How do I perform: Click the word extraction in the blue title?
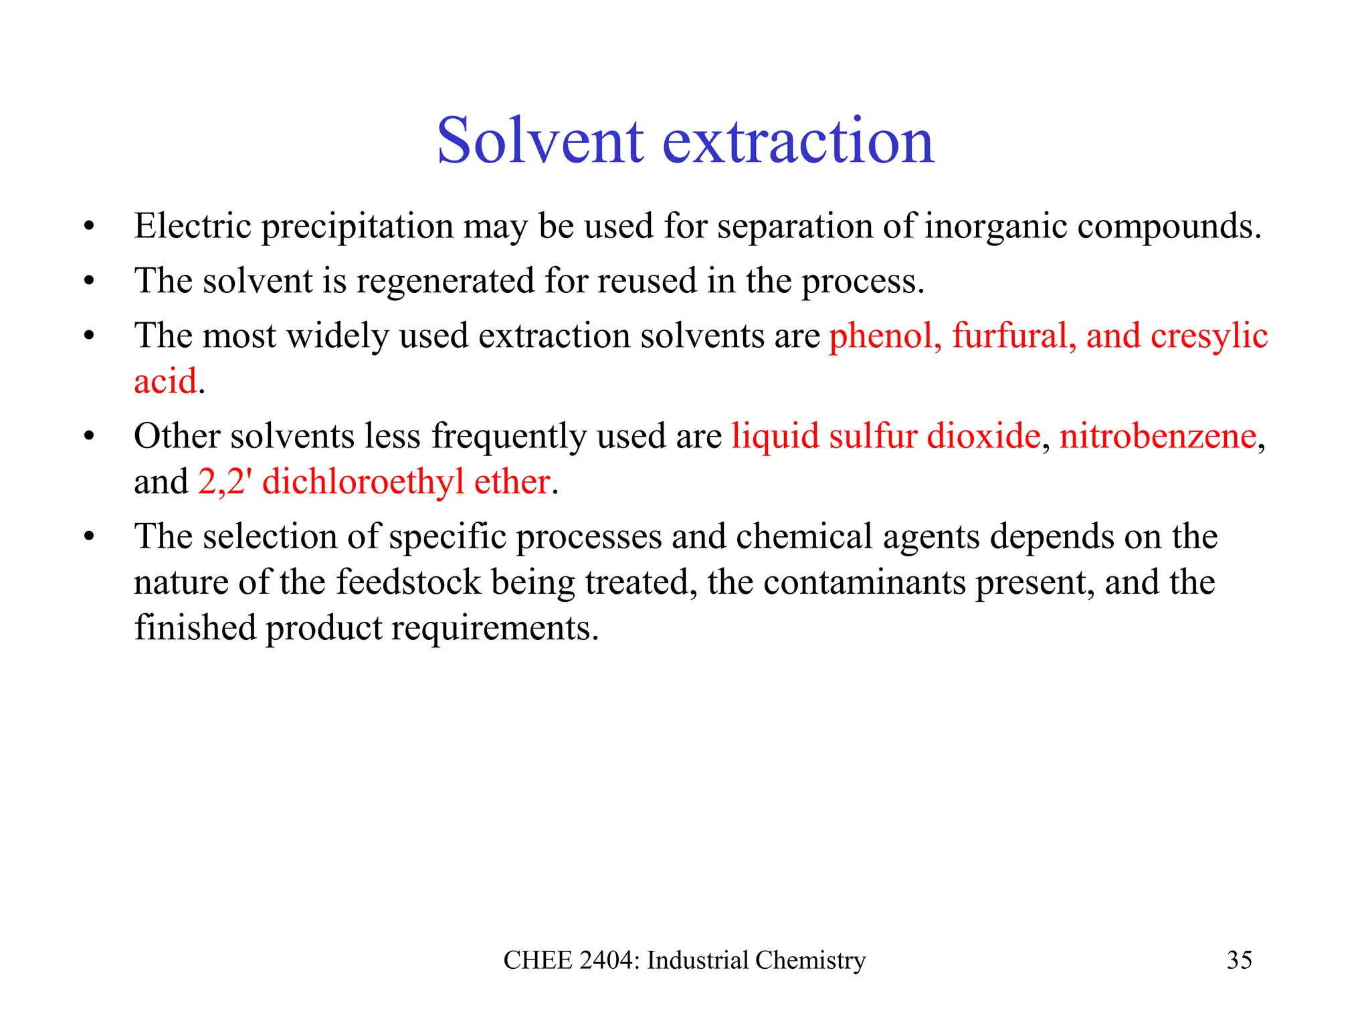798,142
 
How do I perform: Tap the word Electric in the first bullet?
192,226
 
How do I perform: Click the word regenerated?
444,281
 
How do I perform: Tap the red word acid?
165,382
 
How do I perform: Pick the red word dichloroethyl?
363,482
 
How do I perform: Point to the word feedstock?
408,582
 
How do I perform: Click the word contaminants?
864,582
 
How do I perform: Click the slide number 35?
1239,960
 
